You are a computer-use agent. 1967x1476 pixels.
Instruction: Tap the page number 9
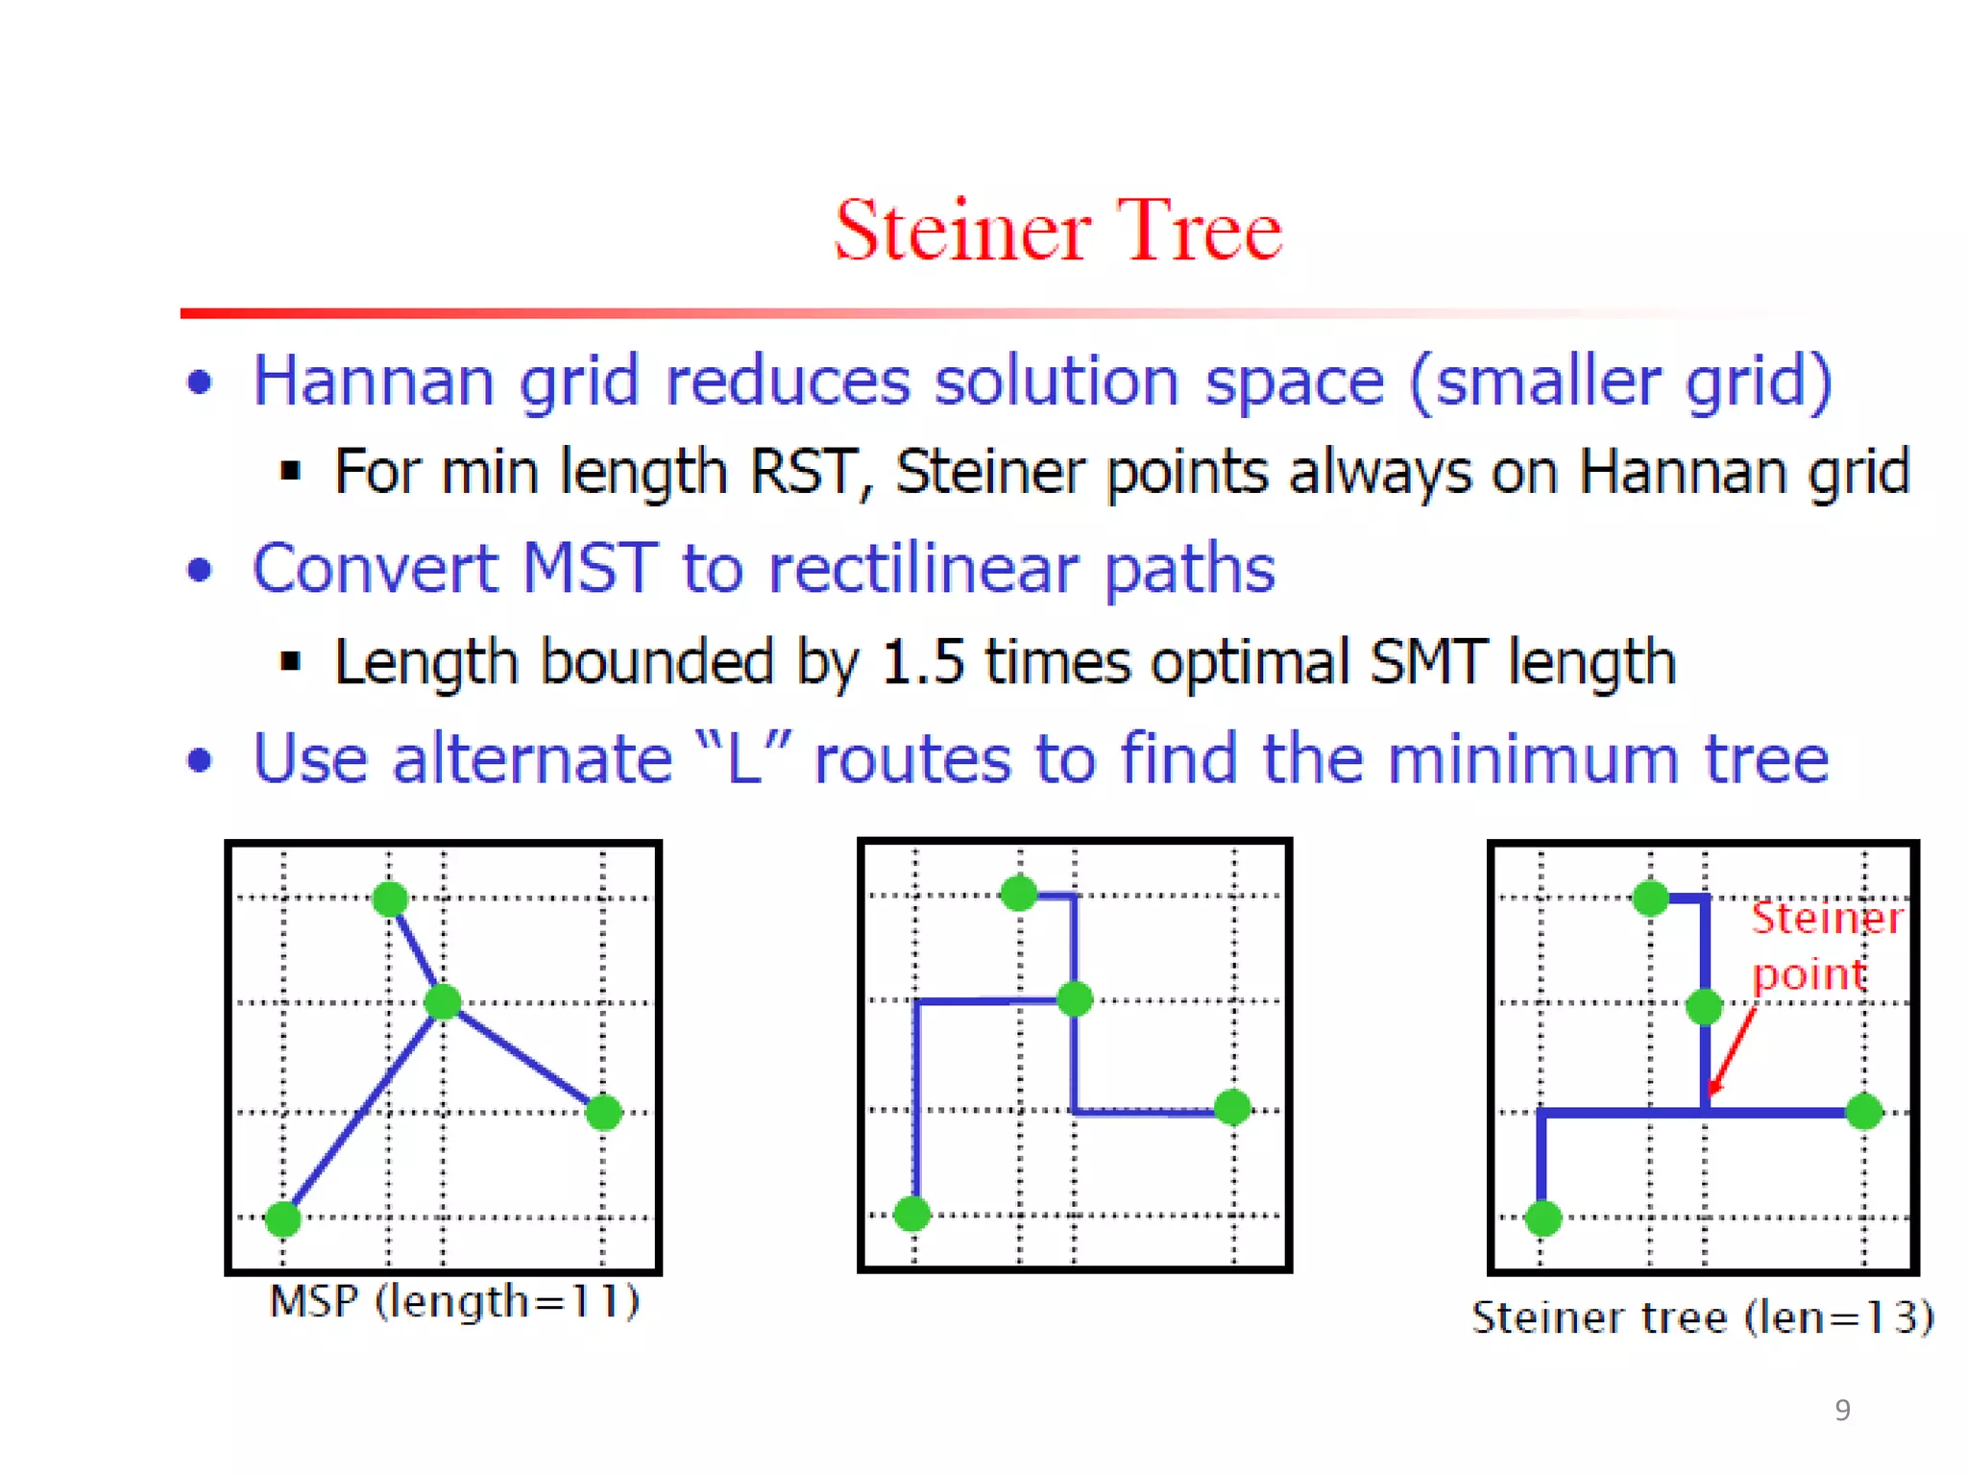(1841, 1410)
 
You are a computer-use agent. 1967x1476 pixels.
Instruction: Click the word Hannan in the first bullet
(374, 381)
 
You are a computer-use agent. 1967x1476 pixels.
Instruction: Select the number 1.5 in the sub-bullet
(921, 662)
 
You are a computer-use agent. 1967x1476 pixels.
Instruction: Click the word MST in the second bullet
(589, 568)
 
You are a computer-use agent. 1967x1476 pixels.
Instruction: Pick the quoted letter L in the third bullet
(743, 759)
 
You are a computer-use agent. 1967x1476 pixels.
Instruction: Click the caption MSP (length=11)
(454, 1302)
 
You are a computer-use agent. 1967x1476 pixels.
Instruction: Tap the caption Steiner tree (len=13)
(1702, 1317)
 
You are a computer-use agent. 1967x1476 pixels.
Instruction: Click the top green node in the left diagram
(390, 899)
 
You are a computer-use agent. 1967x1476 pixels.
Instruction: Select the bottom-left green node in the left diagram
(283, 1218)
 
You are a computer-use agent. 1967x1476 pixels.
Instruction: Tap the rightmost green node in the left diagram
(603, 1113)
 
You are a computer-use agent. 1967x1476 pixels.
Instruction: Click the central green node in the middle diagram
(1074, 999)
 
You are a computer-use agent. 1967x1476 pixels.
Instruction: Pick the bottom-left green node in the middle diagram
(911, 1214)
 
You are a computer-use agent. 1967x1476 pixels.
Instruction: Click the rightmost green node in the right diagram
(1863, 1112)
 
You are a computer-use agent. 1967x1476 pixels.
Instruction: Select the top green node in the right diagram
(1650, 898)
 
